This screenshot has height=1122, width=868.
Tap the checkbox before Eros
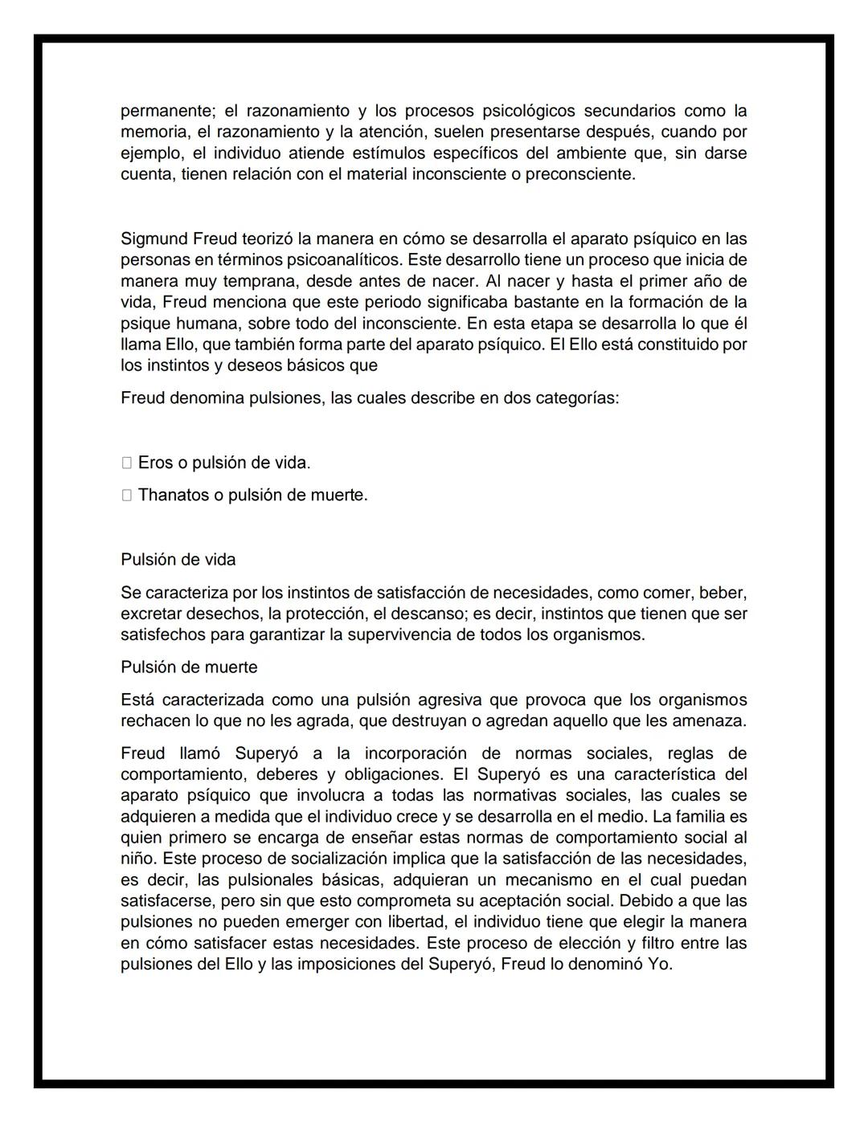click(x=127, y=463)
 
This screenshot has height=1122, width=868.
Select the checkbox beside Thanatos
click(x=127, y=496)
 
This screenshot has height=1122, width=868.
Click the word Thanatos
click(x=173, y=496)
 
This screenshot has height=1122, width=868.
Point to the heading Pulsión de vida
click(x=178, y=560)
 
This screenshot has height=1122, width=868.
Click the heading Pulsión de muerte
click(x=189, y=667)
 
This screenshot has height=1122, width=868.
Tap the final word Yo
click(x=659, y=965)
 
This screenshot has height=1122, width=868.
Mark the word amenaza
click(x=713, y=721)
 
